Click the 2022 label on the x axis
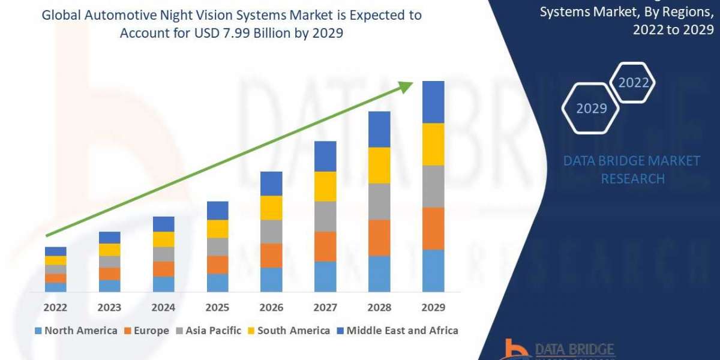pyautogui.click(x=56, y=308)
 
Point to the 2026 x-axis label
pyautogui.click(x=271, y=308)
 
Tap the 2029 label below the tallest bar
pyautogui.click(x=433, y=308)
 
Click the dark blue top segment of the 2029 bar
pyautogui.click(x=433, y=102)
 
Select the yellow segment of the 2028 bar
pyautogui.click(x=379, y=165)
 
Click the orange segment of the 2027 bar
pyautogui.click(x=325, y=246)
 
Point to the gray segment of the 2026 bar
pyautogui.click(x=271, y=232)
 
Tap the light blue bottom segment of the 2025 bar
pyautogui.click(x=217, y=283)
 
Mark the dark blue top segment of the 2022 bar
pyautogui.click(x=56, y=251)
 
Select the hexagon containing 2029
pyautogui.click(x=590, y=108)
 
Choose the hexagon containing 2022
pyautogui.click(x=633, y=82)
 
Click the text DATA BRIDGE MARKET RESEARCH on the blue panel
pyautogui.click(x=632, y=170)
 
